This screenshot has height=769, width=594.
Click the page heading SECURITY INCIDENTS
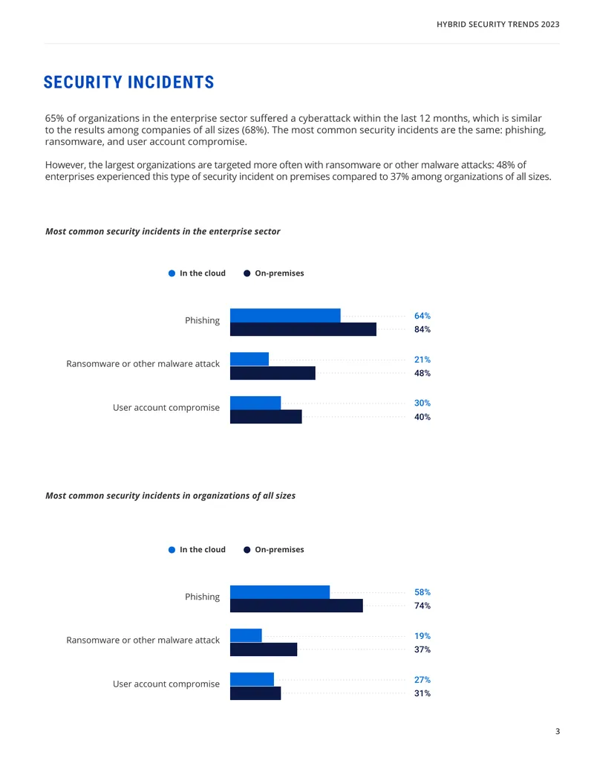129,82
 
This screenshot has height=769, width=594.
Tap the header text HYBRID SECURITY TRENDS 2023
498,24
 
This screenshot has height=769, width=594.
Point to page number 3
557,731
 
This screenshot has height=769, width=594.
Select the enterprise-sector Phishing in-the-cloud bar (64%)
285,315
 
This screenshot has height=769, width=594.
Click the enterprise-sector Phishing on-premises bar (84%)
304,329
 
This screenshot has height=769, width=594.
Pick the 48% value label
422,373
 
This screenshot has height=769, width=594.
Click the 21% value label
422,360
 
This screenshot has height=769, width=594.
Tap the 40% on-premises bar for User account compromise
266,416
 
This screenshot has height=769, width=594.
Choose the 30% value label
422,403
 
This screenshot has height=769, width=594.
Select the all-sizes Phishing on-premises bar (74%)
296,606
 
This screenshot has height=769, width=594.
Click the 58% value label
422,592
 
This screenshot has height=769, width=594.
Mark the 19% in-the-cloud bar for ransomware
246,635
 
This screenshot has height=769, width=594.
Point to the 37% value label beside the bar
422,649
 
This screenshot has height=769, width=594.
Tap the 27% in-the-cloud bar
252,679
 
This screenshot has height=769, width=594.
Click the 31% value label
422,693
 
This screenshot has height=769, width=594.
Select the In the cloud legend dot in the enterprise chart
172,273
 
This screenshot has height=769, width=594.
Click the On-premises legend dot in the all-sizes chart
247,550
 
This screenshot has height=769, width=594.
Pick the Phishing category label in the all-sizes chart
203,597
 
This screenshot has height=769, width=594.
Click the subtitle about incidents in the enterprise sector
163,232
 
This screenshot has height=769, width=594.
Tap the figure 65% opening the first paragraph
54,118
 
